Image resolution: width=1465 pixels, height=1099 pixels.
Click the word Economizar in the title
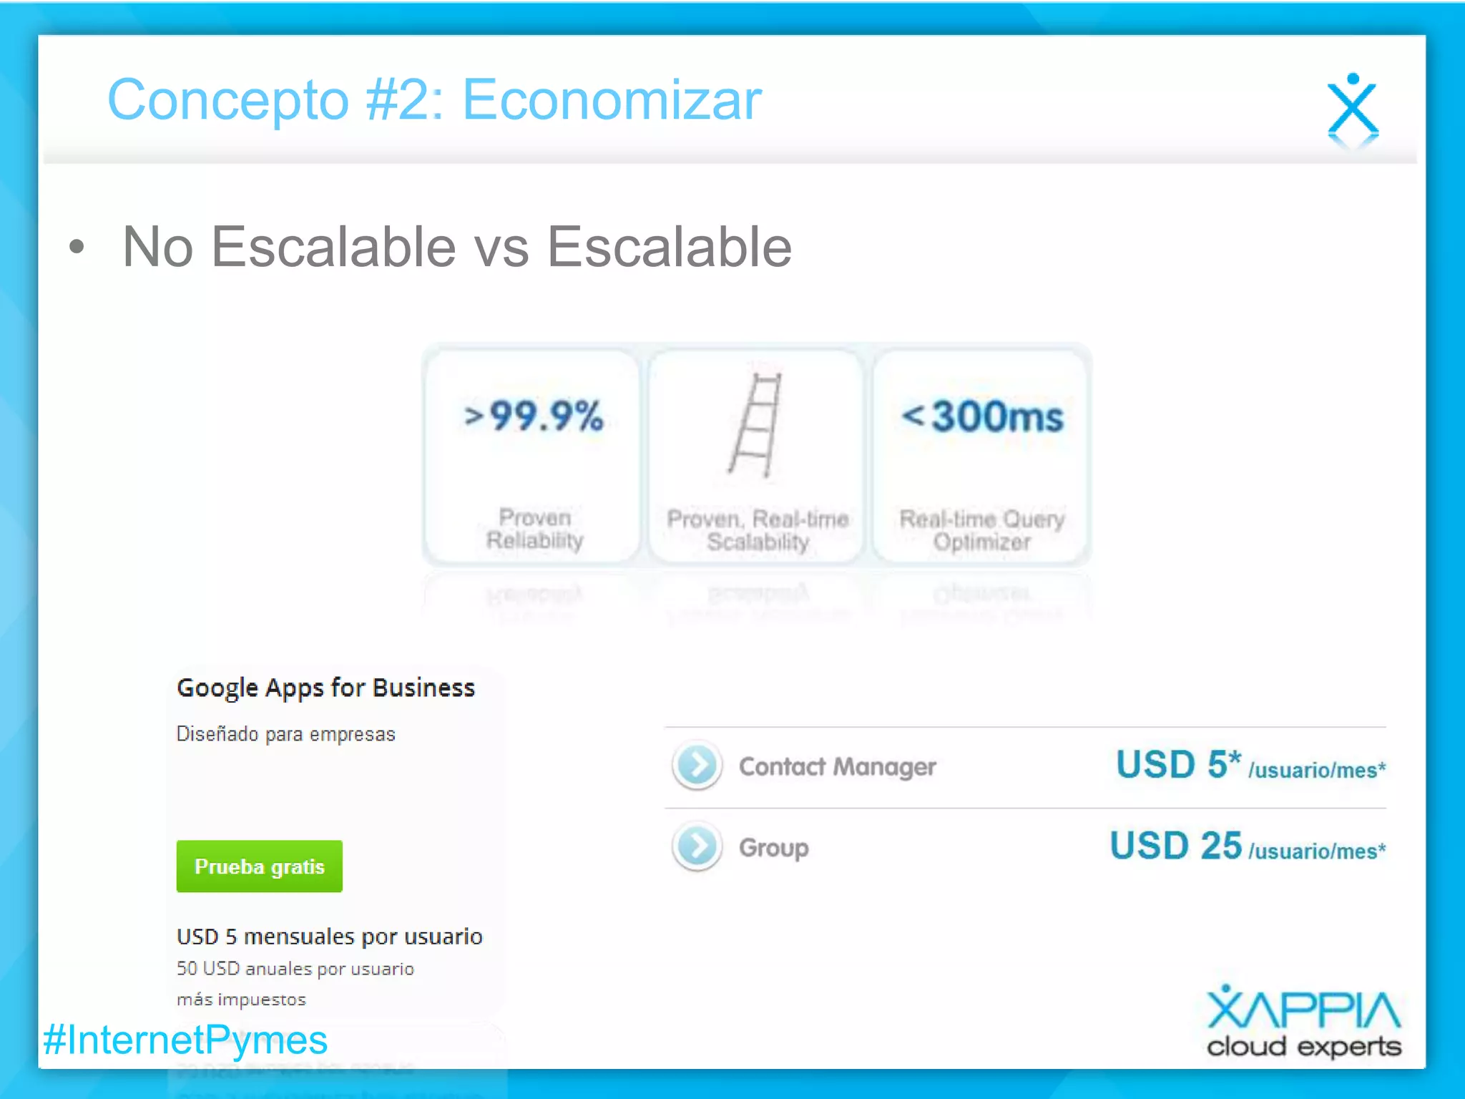612,100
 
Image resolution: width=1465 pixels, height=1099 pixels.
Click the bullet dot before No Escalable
77,248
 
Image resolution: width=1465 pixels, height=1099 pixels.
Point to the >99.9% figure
534,416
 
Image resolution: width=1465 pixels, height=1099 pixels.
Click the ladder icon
756,425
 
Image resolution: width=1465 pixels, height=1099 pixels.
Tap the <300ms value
982,416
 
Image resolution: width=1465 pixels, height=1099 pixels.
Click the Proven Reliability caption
535,529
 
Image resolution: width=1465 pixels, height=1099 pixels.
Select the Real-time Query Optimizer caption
981,530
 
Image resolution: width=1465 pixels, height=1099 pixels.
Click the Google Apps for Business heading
325,688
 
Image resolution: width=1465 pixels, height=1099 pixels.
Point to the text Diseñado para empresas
285,734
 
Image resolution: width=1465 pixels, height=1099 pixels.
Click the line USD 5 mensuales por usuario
329,937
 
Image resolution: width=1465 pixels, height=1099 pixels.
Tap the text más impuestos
241,1000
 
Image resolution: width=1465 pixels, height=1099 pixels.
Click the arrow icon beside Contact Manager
697,766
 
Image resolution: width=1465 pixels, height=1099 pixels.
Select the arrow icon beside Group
697,846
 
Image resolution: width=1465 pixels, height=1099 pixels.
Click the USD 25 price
1175,846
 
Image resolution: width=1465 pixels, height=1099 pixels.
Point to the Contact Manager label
837,767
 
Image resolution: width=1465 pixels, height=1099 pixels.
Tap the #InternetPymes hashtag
185,1040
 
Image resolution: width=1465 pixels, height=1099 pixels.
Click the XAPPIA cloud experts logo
1303,1022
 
